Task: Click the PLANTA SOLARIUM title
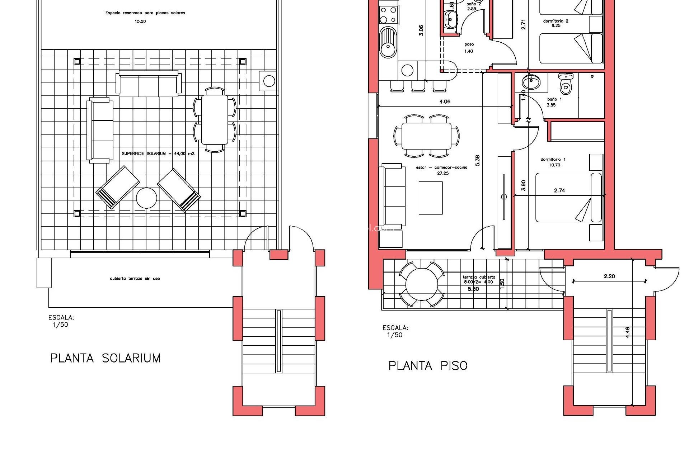(x=105, y=358)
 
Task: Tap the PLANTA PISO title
(x=428, y=366)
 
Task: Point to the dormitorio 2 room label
(x=556, y=21)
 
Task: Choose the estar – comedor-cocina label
(x=442, y=167)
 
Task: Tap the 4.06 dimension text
(x=445, y=101)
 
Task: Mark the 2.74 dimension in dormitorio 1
(x=559, y=190)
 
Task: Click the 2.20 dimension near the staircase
(x=609, y=276)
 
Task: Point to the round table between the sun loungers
(x=146, y=198)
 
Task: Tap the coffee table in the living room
(x=431, y=198)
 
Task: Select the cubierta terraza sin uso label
(x=135, y=278)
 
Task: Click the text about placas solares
(x=145, y=13)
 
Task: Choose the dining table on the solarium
(x=215, y=119)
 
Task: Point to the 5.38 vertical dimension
(x=477, y=160)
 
